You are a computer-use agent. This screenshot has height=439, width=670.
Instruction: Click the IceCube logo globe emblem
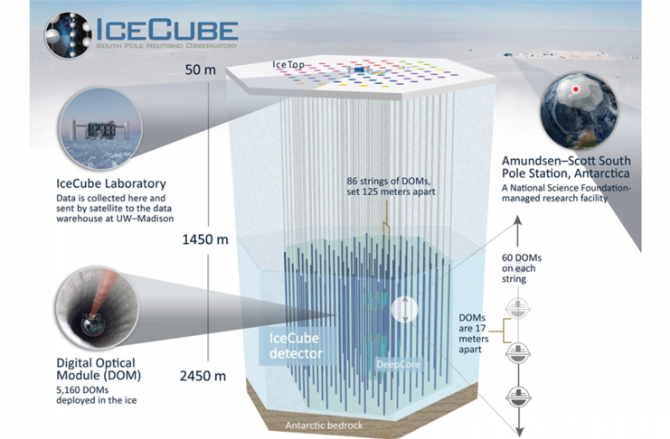68,34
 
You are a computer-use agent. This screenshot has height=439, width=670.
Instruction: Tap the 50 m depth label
201,70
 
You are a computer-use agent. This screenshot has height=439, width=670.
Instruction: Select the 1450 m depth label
205,239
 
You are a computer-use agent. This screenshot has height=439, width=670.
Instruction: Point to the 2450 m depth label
203,377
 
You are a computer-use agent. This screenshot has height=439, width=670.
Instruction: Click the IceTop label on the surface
288,64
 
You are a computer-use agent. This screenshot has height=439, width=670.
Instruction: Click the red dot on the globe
576,89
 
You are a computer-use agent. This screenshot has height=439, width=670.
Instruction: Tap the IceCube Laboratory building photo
100,128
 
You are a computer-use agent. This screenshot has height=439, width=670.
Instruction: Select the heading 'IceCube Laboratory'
111,183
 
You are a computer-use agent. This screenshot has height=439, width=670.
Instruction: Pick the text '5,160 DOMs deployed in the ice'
97,395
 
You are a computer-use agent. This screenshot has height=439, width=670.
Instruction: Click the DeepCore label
398,365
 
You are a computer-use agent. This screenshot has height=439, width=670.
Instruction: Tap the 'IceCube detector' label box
296,346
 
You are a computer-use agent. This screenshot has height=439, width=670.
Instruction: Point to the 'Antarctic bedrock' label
324,425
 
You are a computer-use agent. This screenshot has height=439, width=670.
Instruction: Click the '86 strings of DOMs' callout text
391,186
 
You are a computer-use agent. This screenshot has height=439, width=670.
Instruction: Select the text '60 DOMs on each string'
522,268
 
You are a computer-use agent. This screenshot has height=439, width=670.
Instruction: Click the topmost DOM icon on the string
518,308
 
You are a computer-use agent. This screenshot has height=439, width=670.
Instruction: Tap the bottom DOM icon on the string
518,396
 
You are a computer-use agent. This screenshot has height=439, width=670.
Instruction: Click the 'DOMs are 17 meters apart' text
474,333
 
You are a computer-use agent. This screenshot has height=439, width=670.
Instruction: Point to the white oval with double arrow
404,309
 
